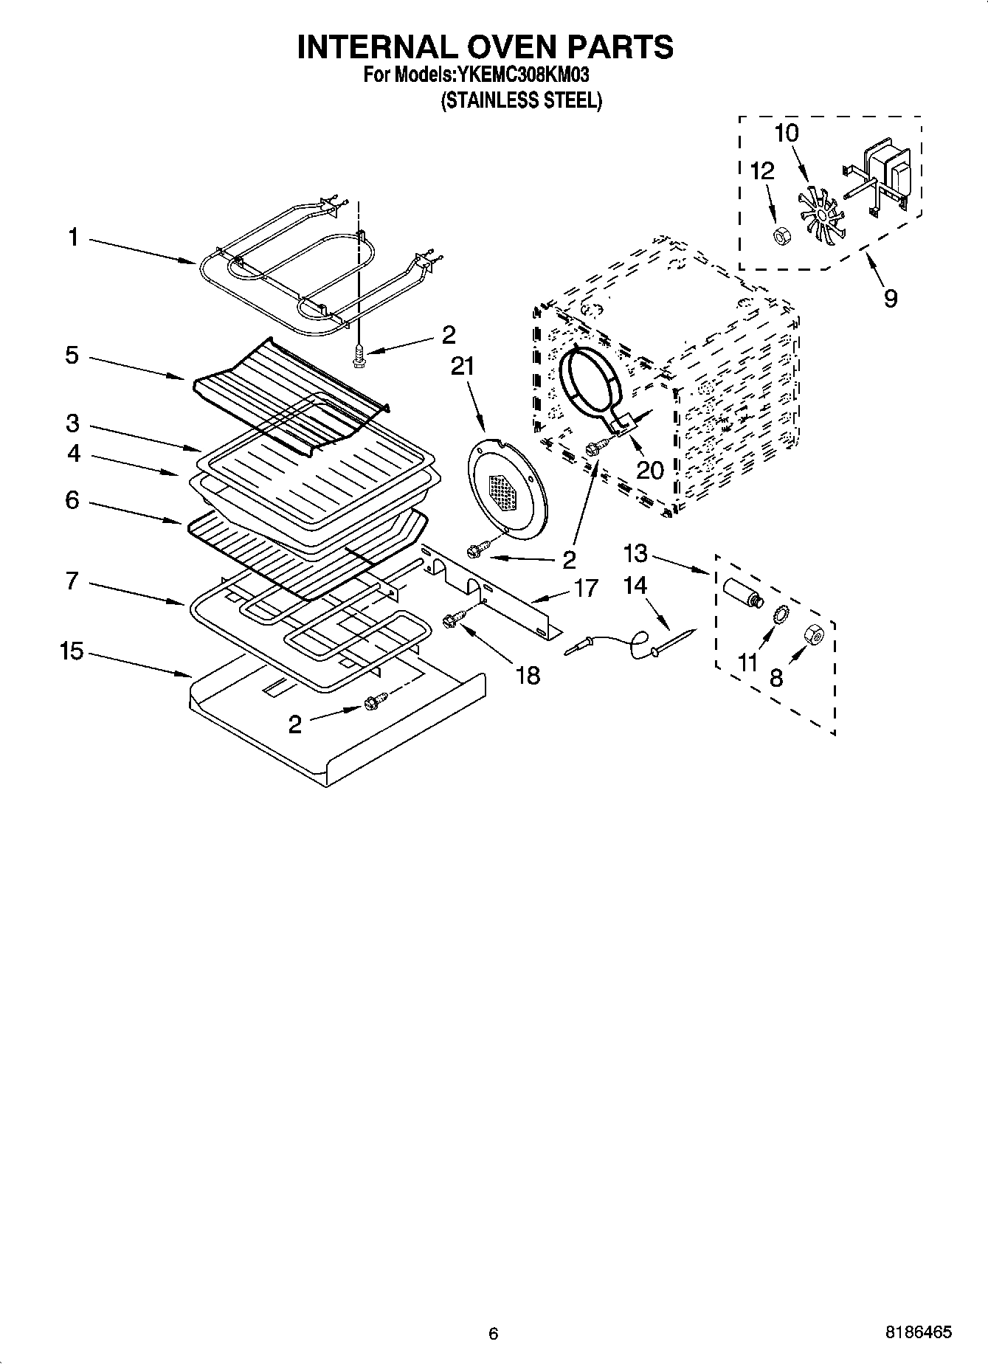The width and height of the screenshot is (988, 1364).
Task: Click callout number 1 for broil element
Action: pos(72,238)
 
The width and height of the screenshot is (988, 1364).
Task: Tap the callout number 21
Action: pos(463,367)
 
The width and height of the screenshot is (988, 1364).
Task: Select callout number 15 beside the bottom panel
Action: pos(72,652)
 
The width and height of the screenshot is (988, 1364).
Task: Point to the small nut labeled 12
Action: pos(777,235)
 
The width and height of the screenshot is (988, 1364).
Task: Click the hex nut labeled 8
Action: pos(814,634)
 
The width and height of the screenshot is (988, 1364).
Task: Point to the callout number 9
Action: pos(891,298)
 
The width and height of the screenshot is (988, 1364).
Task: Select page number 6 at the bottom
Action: pos(494,1333)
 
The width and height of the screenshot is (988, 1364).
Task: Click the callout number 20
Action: pos(650,469)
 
